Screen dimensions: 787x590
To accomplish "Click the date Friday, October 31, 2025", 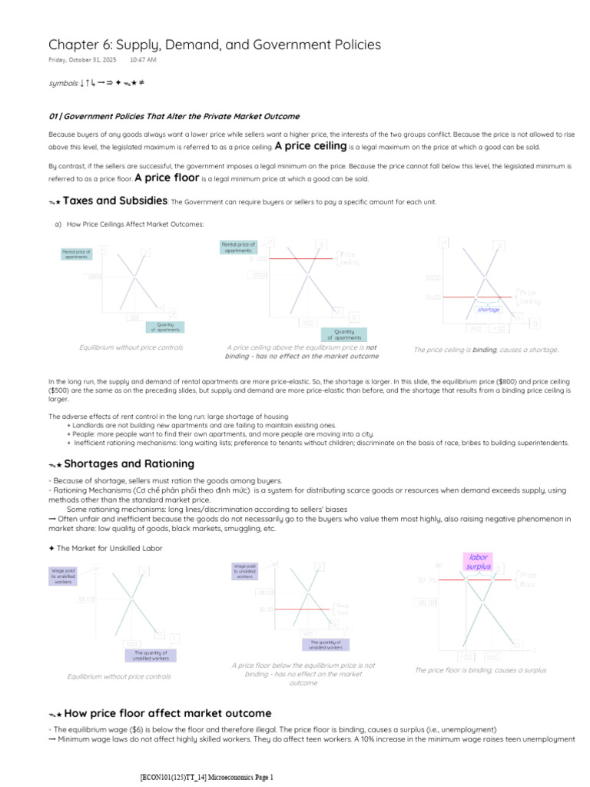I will pos(83,59).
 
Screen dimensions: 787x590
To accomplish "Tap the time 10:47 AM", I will pos(143,59).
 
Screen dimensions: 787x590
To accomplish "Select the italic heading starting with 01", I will pos(174,116).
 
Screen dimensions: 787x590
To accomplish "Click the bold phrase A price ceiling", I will pos(310,146).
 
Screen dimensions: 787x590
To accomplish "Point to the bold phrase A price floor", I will pos(167,178).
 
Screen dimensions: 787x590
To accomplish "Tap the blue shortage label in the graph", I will pos(489,310).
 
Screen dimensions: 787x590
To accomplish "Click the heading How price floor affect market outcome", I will pos(167,713).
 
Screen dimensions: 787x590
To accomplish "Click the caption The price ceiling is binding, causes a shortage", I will pos(486,350).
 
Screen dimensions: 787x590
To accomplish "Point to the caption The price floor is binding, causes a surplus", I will pos(480,670).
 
